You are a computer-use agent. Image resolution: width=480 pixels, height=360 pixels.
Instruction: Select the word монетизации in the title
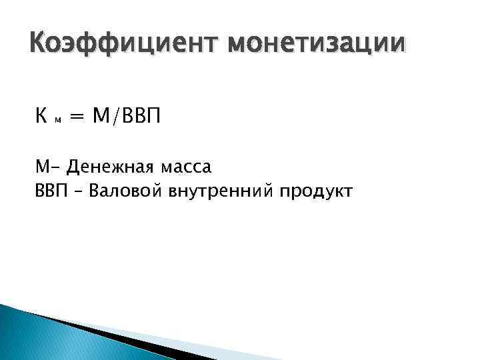315,44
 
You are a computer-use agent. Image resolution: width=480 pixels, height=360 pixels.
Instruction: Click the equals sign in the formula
78,118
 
